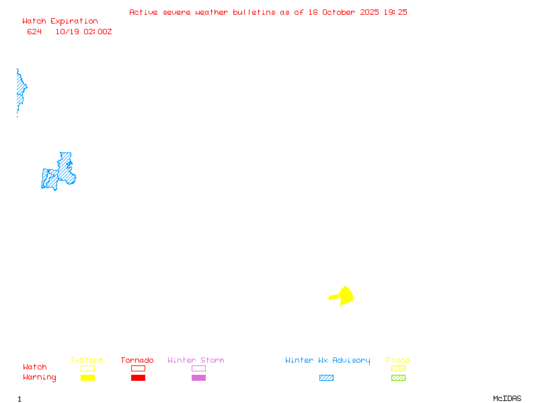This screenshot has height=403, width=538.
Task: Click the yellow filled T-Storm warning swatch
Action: (87, 377)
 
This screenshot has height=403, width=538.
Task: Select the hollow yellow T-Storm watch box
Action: (87, 368)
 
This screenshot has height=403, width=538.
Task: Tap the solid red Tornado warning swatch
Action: (138, 377)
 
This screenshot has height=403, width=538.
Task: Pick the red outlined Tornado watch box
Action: (138, 368)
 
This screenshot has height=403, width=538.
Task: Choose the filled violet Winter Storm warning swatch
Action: (198, 377)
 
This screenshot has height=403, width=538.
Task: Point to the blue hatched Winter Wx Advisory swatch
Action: (326, 377)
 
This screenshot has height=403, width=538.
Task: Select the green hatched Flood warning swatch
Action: (398, 377)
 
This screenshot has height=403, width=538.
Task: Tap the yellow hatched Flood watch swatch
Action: (398, 368)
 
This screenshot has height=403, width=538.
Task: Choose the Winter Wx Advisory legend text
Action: (328, 361)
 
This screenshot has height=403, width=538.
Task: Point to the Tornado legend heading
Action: (137, 361)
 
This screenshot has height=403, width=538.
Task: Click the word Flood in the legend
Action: (398, 361)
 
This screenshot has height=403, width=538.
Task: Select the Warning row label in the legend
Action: (40, 377)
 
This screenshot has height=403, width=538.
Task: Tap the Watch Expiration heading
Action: (60, 21)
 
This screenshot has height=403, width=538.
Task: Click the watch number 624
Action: (34, 32)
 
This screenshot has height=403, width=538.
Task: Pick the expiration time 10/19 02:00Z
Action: (83, 32)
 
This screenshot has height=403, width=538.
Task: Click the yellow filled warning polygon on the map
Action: (344, 296)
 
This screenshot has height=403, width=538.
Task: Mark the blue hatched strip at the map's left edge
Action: (20, 91)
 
